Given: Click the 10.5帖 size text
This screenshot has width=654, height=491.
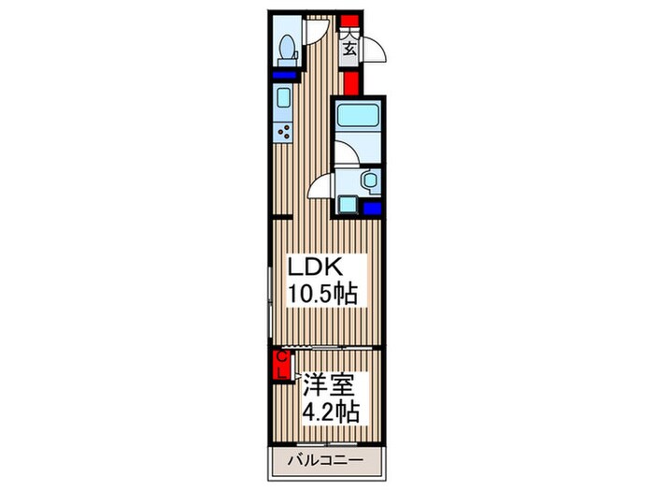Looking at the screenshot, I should [x=320, y=294].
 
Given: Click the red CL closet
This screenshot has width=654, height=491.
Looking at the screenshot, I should [x=279, y=365].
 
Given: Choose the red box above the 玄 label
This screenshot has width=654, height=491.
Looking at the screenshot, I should [x=348, y=21].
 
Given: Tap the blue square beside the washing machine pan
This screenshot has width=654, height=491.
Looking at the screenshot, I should [x=371, y=208].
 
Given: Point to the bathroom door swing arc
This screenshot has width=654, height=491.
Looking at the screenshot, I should [x=321, y=185].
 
